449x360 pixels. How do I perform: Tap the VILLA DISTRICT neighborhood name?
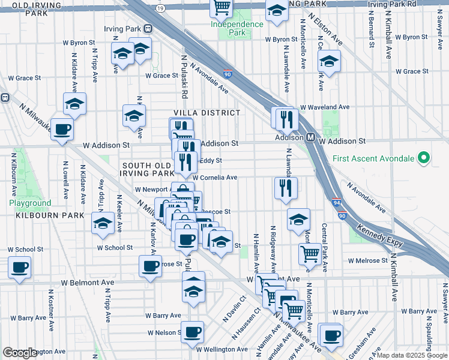click(x=207, y=113)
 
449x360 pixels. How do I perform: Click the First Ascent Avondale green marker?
click(x=424, y=158)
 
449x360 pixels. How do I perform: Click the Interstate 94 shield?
click(x=334, y=204)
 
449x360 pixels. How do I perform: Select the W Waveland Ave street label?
click(x=325, y=107)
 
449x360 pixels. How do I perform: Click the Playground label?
click(x=30, y=203)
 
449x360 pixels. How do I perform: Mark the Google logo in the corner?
click(x=20, y=353)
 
